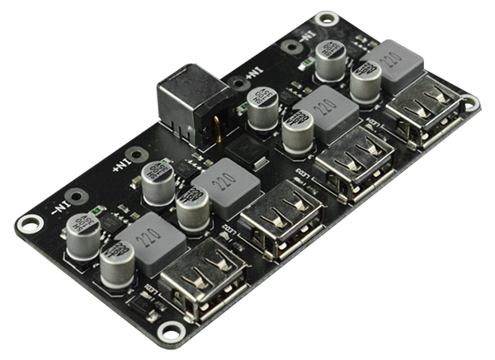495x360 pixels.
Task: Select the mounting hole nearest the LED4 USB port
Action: pos(469,103)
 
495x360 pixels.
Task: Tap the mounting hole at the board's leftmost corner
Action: pos(30,223)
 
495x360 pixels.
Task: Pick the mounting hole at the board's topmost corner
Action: pos(327,19)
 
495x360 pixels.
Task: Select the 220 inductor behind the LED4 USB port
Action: pos(391,62)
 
